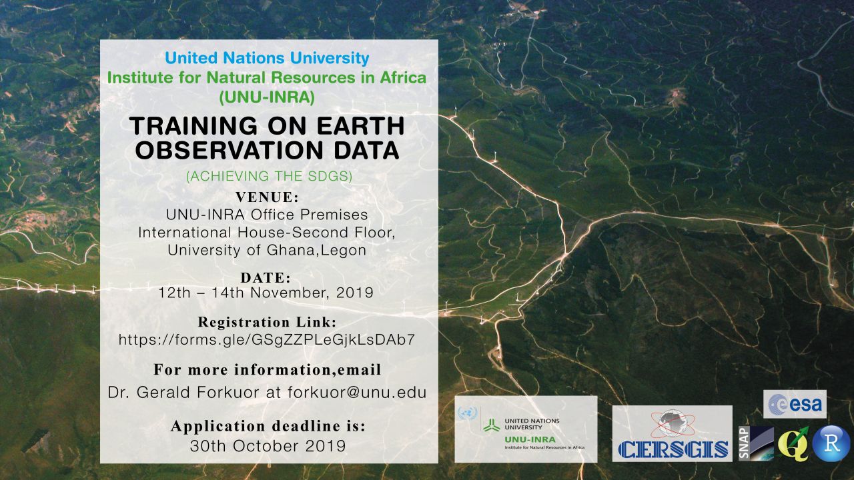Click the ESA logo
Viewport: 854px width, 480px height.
click(795, 404)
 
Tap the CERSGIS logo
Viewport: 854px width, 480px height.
click(672, 433)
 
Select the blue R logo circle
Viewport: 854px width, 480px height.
click(831, 444)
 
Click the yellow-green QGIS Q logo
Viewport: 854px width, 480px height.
click(793, 444)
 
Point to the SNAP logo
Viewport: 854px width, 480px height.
click(757, 443)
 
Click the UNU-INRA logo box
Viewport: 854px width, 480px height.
click(526, 429)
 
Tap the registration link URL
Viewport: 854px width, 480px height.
click(267, 339)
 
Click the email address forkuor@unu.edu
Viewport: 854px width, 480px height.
click(357, 393)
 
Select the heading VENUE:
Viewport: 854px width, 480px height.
click(268, 197)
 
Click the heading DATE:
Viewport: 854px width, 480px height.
click(266, 278)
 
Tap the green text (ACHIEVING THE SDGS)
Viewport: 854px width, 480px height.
click(269, 176)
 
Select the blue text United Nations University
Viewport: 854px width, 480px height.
click(267, 58)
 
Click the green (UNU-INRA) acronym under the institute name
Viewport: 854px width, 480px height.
click(268, 97)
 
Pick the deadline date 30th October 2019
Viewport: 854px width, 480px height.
click(268, 446)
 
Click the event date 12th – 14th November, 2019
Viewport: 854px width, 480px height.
click(266, 293)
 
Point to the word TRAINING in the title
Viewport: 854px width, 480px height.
click(193, 126)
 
